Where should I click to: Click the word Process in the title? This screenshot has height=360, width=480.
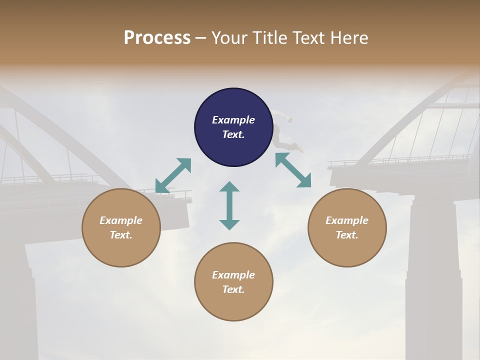[x=157, y=38]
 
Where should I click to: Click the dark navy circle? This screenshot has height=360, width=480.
[x=233, y=127]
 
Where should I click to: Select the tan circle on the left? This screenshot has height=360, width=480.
[x=121, y=227]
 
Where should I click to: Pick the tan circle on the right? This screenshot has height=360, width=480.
[x=347, y=227]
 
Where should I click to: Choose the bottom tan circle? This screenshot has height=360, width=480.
[x=233, y=282]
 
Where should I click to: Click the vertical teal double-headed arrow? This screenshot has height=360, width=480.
[x=229, y=205]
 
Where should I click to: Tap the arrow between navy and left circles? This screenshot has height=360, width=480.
[x=173, y=175]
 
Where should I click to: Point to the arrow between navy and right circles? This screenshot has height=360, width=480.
[x=293, y=170]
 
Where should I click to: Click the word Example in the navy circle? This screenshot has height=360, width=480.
[x=233, y=120]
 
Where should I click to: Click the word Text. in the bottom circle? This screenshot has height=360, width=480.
[x=233, y=289]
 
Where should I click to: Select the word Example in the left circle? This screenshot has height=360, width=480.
[x=121, y=220]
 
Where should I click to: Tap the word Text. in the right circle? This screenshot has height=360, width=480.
[x=347, y=235]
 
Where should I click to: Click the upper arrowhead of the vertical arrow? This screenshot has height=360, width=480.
[x=229, y=187]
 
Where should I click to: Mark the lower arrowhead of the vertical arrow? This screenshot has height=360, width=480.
[x=229, y=224]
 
